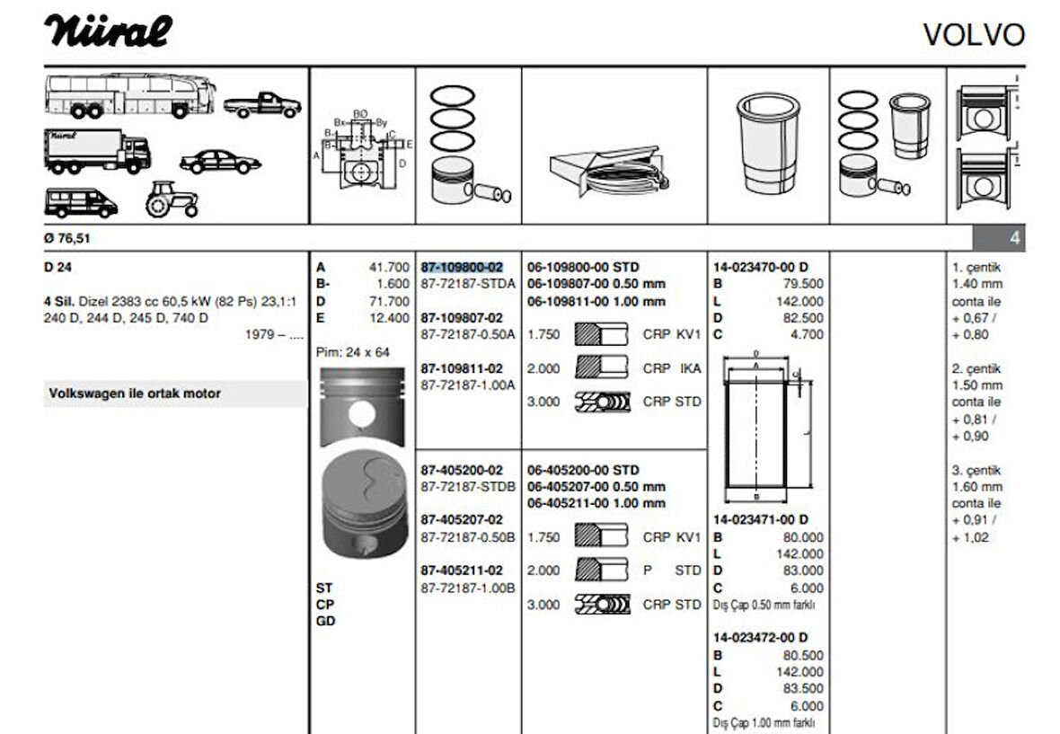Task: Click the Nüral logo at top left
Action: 108,32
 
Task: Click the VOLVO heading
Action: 974,34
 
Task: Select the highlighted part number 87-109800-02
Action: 462,267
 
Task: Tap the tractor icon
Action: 172,199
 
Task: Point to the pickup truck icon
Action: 262,105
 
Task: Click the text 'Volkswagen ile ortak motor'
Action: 135,394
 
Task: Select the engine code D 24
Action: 57,267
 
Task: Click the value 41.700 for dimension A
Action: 389,267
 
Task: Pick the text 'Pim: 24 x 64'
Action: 354,352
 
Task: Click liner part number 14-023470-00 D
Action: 760,267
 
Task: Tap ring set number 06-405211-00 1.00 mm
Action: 596,503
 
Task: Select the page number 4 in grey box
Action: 1014,239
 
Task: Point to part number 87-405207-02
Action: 462,519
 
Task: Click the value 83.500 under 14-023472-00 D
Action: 803,688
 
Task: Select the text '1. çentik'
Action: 976,267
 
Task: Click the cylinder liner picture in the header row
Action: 767,144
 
